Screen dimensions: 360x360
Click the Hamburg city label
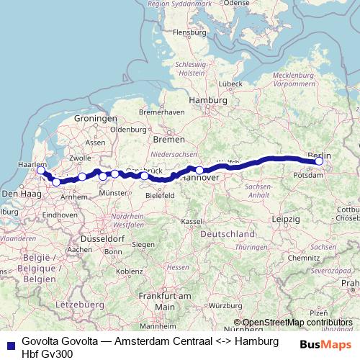coord(202,100)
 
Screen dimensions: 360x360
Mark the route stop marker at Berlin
coord(319,162)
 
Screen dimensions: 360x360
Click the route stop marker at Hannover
coord(200,171)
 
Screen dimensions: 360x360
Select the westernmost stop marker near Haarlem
coord(40,171)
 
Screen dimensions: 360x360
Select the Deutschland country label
coord(227,235)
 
